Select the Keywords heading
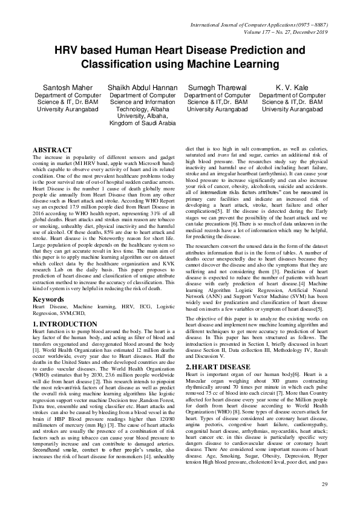click(x=48, y=299)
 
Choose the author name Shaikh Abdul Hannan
click(x=142, y=88)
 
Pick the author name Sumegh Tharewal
click(x=217, y=88)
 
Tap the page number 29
click(x=324, y=485)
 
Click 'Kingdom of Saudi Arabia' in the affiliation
click(x=142, y=123)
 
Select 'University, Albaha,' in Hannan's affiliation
click(x=142, y=116)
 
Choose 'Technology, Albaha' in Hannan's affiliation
click(x=142, y=109)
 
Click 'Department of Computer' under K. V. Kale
click(x=292, y=96)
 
